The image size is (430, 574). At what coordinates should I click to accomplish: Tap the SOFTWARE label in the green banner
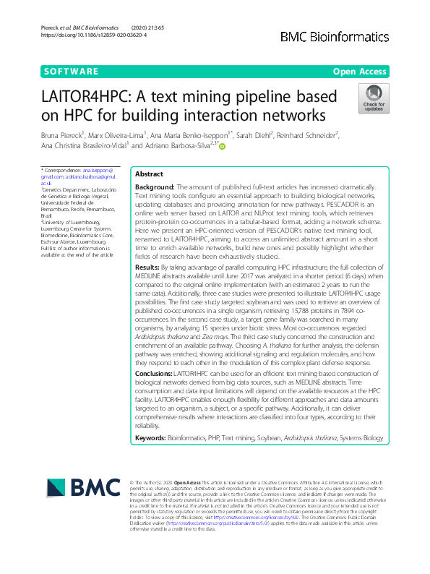(x=71, y=72)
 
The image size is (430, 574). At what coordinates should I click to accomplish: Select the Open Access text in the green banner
(x=359, y=72)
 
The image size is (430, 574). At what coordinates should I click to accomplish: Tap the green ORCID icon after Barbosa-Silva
(x=223, y=146)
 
